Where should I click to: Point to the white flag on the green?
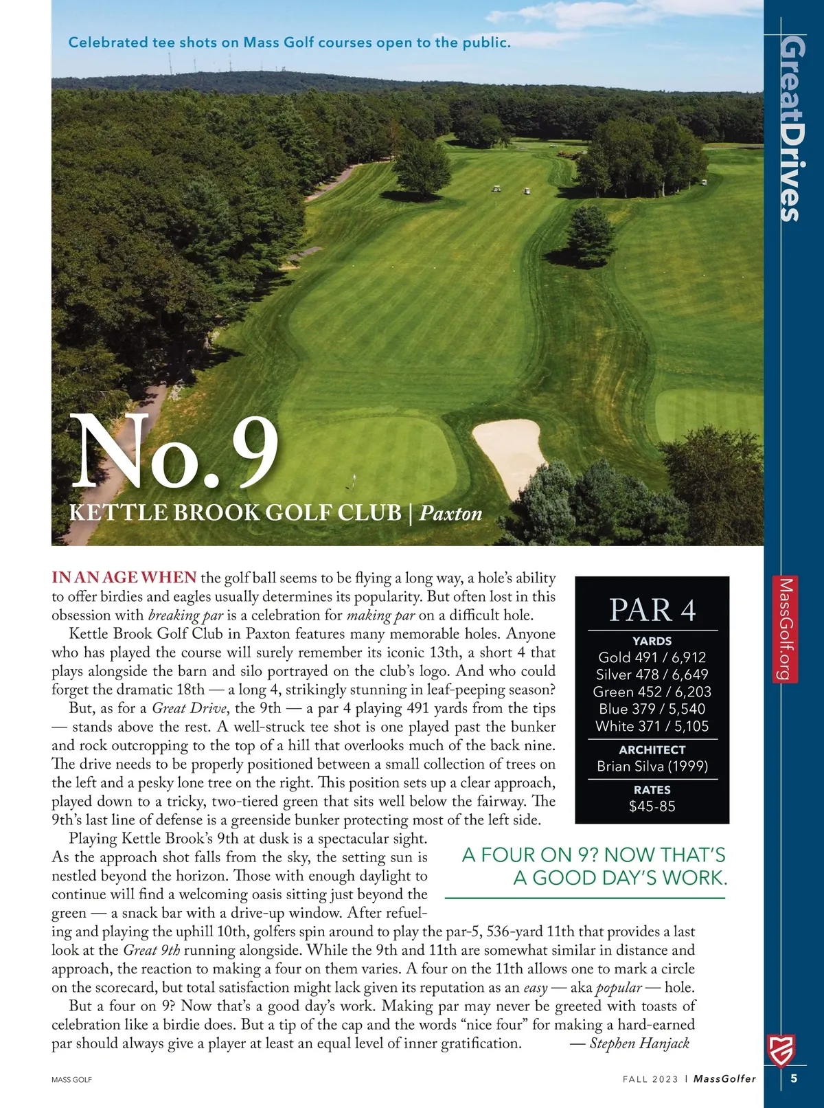pyautogui.click(x=354, y=478)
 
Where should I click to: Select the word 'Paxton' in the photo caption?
pyautogui.click(x=450, y=513)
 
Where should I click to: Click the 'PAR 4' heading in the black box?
pyautogui.click(x=652, y=609)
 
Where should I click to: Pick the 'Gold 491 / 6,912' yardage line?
pyautogui.click(x=652, y=657)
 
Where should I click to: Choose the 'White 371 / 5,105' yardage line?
pyautogui.click(x=652, y=726)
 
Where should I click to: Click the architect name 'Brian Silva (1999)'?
pyautogui.click(x=652, y=766)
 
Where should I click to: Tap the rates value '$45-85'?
pyautogui.click(x=652, y=806)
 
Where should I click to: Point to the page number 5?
pyautogui.click(x=794, y=1078)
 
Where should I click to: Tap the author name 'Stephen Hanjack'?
pyautogui.click(x=639, y=1043)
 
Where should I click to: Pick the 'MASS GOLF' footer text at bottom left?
pyautogui.click(x=71, y=1080)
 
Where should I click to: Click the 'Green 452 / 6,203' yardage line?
pyautogui.click(x=652, y=692)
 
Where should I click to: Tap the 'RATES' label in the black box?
pyautogui.click(x=652, y=790)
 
